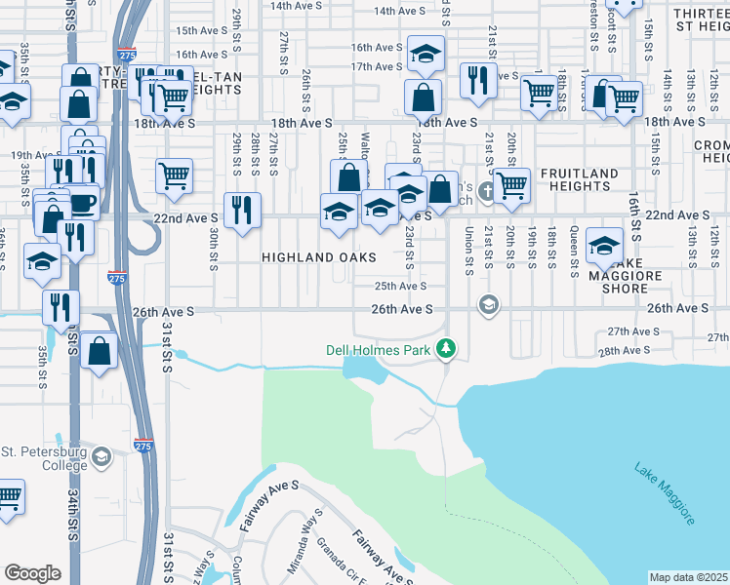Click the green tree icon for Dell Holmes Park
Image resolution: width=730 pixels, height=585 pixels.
pyautogui.click(x=446, y=347)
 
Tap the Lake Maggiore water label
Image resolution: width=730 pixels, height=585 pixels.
pyautogui.click(x=665, y=493)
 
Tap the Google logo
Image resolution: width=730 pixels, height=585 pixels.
pyautogui.click(x=32, y=573)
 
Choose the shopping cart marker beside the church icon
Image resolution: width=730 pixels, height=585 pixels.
pyautogui.click(x=511, y=184)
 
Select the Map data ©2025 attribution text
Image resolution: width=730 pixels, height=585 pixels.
pyautogui.click(x=689, y=577)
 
